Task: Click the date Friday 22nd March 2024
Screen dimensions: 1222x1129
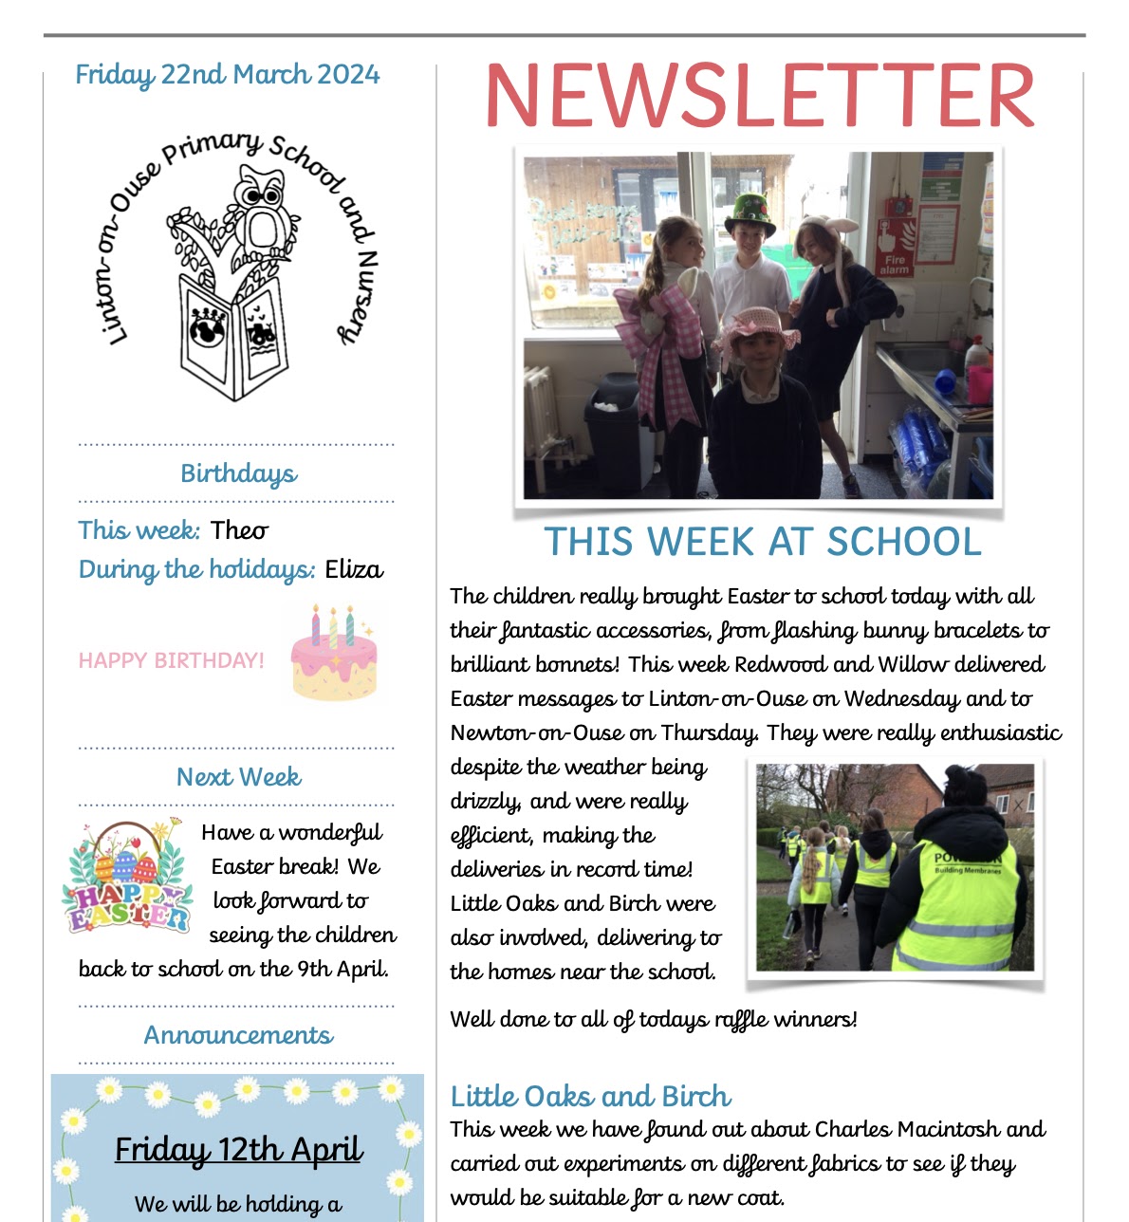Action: click(227, 75)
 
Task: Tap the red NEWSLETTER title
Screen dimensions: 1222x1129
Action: click(759, 96)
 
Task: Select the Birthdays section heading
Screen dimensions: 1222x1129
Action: click(238, 473)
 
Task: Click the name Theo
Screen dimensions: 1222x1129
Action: click(239, 530)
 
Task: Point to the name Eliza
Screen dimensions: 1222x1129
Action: click(354, 569)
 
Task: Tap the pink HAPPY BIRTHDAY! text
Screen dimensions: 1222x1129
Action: click(171, 660)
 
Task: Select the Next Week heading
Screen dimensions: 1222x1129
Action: click(238, 777)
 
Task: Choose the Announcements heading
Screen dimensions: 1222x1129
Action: click(238, 1035)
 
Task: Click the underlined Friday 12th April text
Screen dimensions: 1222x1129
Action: click(238, 1149)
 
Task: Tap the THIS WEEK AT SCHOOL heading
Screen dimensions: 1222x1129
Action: click(762, 542)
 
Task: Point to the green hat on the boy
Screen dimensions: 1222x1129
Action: click(750, 213)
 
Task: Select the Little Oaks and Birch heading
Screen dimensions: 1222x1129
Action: click(590, 1097)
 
